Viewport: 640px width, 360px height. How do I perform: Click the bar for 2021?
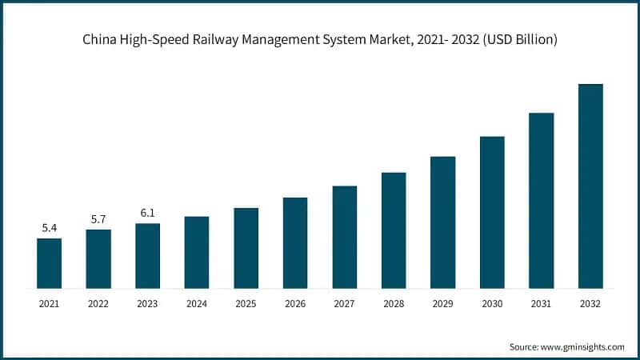50,263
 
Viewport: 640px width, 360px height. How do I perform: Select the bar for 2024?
197,252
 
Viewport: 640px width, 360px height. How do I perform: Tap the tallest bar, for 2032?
590,186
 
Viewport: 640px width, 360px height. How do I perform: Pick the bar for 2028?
394,230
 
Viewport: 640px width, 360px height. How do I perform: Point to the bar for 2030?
492,212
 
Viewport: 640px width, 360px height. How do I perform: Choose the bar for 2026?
295,242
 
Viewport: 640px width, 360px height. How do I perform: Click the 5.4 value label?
50,228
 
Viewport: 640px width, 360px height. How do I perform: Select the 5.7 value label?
98,219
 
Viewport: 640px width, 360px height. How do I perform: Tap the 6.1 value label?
148,213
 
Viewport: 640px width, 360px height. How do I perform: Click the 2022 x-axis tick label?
98,304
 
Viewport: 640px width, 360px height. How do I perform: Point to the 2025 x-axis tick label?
246,304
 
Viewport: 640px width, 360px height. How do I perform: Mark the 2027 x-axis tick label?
345,304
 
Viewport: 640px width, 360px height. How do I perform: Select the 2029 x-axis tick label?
443,304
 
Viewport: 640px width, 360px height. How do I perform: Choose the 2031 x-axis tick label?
542,304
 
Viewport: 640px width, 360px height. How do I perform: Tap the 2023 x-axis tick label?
148,304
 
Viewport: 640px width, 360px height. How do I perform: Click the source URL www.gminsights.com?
583,346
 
